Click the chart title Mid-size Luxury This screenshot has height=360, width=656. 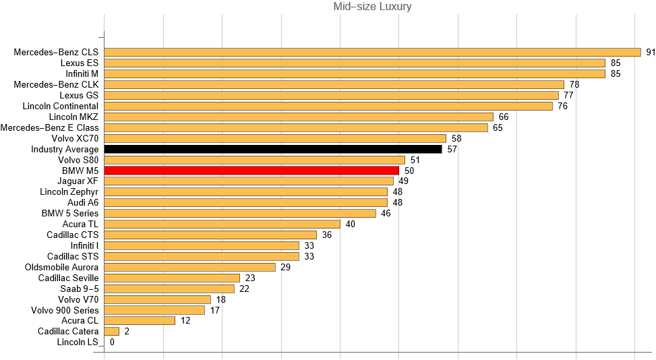pyautogui.click(x=372, y=7)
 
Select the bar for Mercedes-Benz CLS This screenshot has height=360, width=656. pyautogui.click(x=372, y=52)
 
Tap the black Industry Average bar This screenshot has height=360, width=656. pyautogui.click(x=273, y=149)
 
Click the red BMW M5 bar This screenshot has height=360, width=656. pyautogui.click(x=251, y=171)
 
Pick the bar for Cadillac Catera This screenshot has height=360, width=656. pyautogui.click(x=112, y=332)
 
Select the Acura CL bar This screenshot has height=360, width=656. pyautogui.click(x=140, y=321)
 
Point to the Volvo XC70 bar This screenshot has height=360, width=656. pyautogui.click(x=275, y=138)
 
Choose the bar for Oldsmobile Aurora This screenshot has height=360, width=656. pyautogui.click(x=189, y=267)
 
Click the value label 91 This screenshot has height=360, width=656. pyautogui.click(x=651, y=52)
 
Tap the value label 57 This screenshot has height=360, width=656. pyautogui.click(x=452, y=149)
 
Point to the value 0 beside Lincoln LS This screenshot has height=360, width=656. pyautogui.click(x=112, y=342)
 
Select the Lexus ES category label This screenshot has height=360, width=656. pyautogui.click(x=79, y=63)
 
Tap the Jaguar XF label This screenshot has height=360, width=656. pyautogui.click(x=79, y=181)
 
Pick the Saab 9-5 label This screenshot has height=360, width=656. pyautogui.click(x=79, y=289)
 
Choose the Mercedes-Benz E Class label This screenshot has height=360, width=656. pyautogui.click(x=49, y=127)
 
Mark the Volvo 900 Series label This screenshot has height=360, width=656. pyautogui.click(x=65, y=310)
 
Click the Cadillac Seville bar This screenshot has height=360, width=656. pyautogui.click(x=172, y=278)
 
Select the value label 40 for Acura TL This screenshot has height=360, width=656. pyautogui.click(x=351, y=224)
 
